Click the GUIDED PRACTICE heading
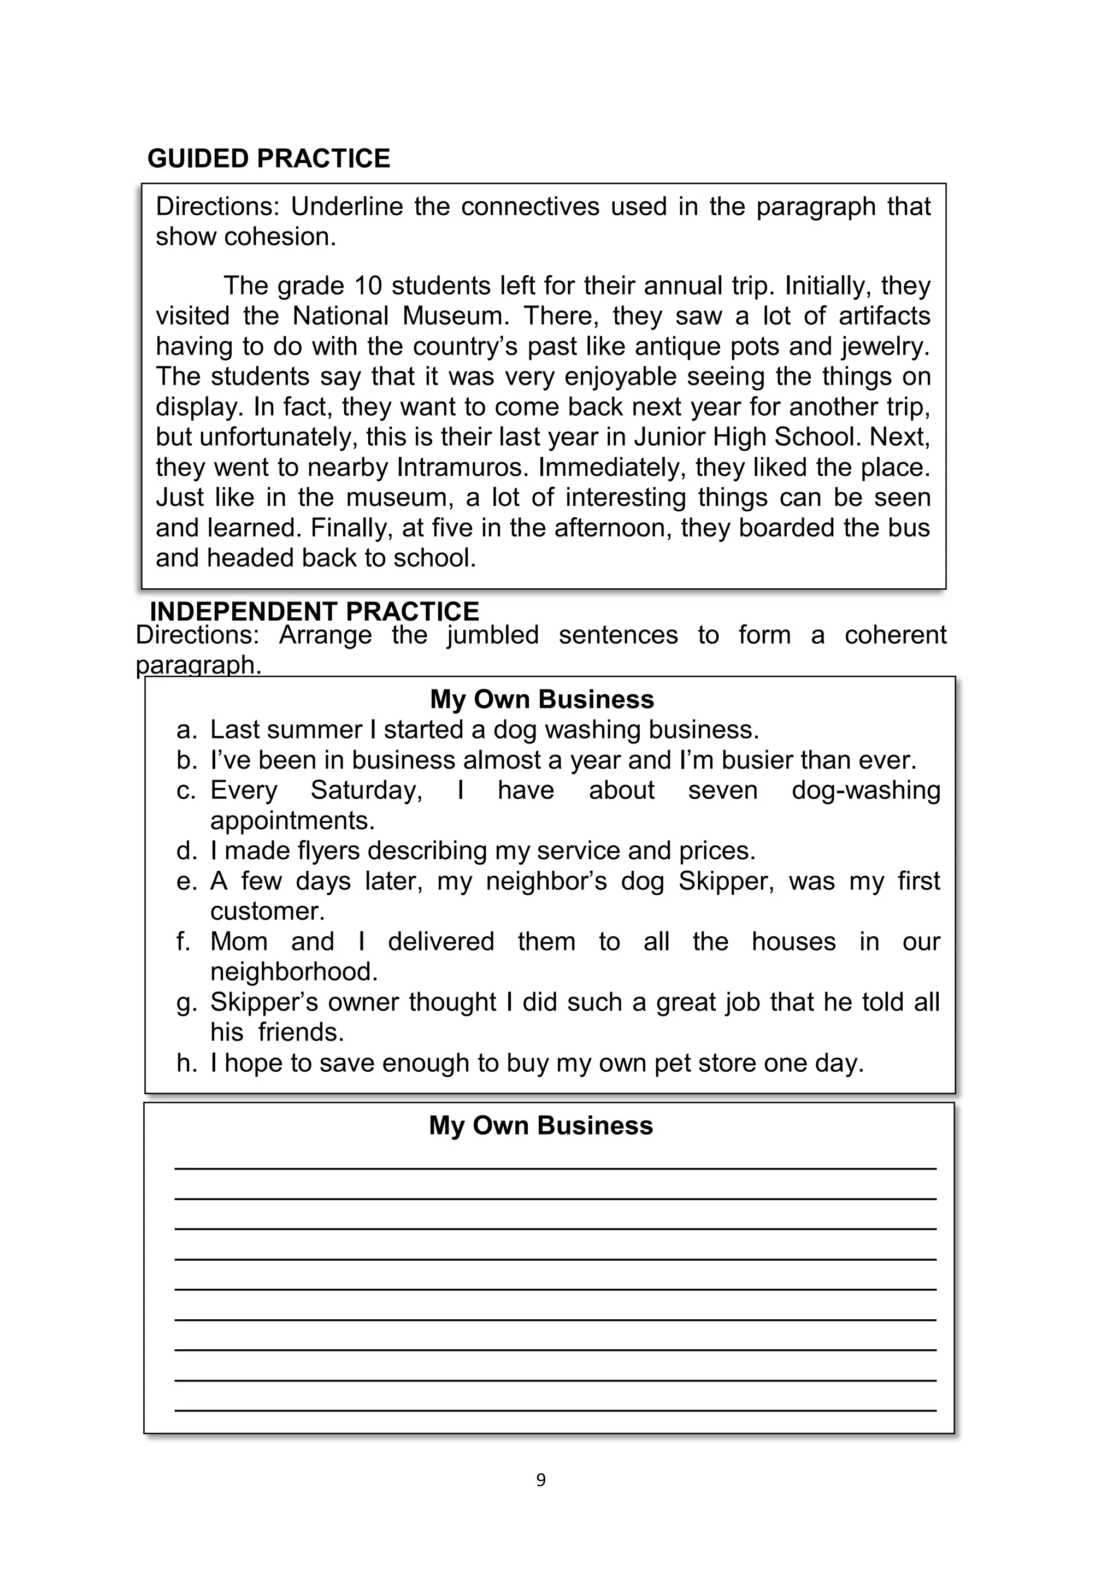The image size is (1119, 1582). click(x=268, y=158)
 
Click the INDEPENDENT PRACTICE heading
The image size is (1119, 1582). click(x=314, y=611)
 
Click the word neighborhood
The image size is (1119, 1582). click(x=294, y=972)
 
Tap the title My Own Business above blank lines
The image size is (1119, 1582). click(x=541, y=1125)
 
